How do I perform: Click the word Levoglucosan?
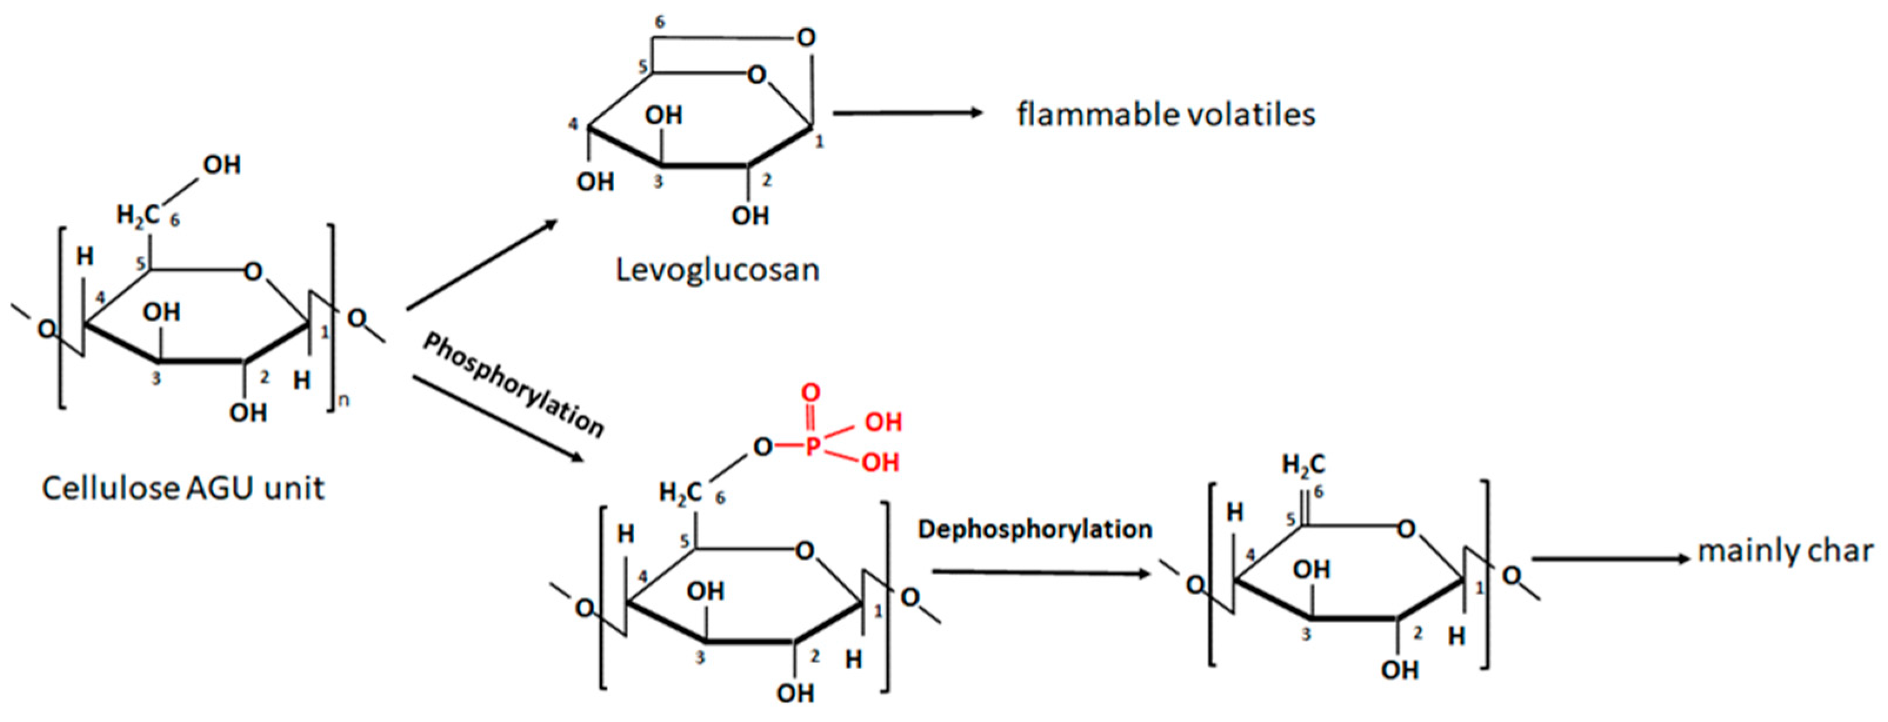click(717, 270)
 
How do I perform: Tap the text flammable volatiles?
click(1165, 115)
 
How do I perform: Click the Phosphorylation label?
click(513, 386)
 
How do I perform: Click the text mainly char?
click(1784, 551)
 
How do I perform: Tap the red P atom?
click(811, 446)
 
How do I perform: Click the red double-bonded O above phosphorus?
click(810, 393)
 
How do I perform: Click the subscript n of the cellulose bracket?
click(343, 401)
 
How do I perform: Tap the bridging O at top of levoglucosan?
click(806, 38)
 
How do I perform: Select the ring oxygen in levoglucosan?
click(756, 75)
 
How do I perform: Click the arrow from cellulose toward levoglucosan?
click(482, 265)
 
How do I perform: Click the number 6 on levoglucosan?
click(660, 22)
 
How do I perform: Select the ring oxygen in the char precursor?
click(1405, 529)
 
